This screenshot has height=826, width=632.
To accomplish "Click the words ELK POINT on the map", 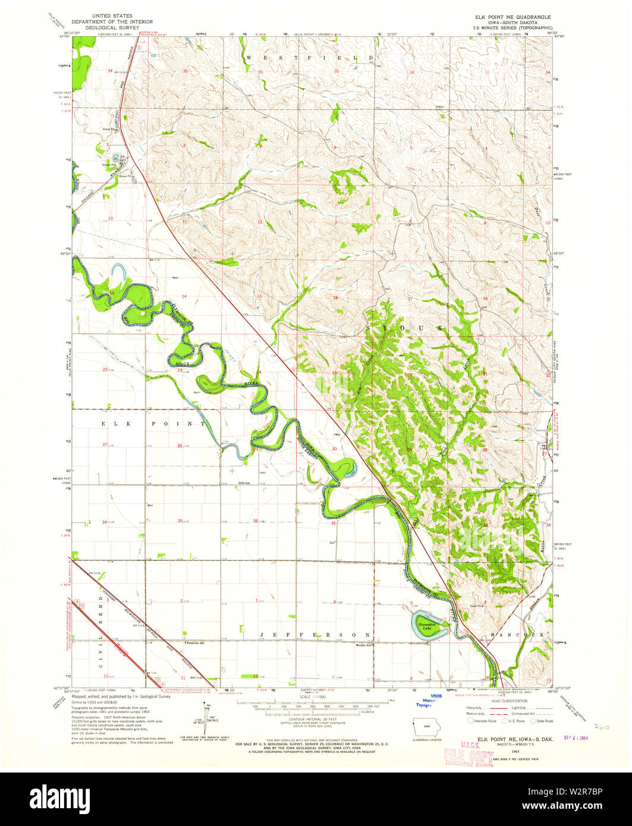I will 153,424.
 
